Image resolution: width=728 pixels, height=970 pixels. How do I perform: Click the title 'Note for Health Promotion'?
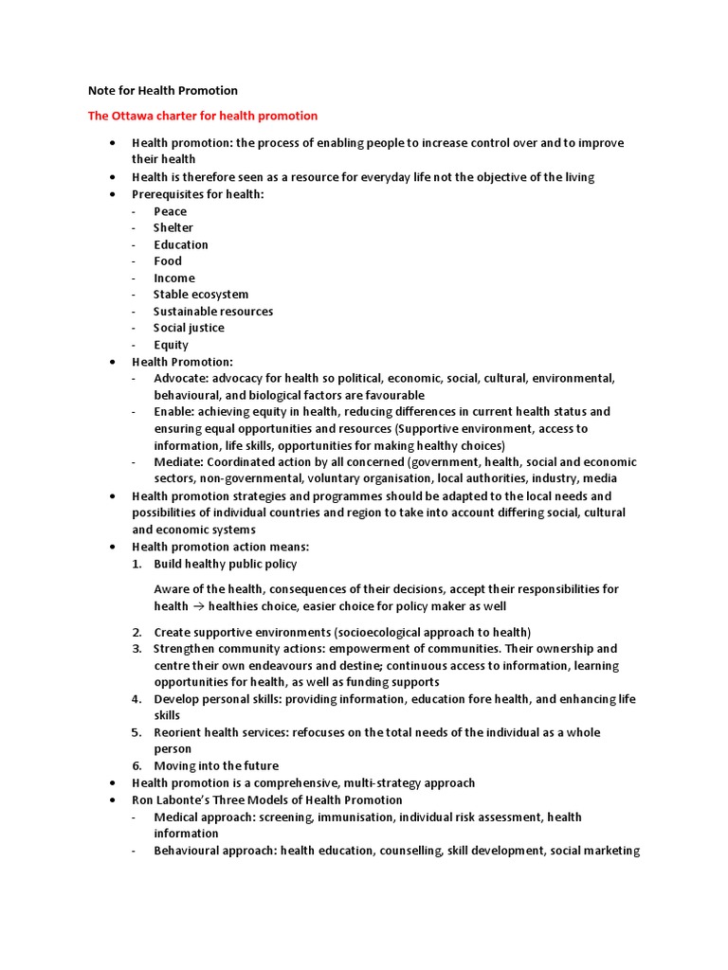(162, 91)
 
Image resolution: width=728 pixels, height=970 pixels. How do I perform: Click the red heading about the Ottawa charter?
(203, 116)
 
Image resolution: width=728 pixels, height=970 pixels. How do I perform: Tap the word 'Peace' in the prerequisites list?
(171, 211)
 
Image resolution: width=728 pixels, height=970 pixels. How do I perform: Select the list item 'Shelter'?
(173, 227)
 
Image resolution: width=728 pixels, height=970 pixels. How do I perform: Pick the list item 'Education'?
(181, 244)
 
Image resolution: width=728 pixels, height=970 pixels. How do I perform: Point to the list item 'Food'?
(168, 261)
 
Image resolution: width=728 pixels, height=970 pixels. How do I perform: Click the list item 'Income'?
(174, 278)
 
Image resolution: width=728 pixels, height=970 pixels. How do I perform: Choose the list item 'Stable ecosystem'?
(201, 295)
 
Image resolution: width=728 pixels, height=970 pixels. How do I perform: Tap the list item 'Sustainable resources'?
(213, 312)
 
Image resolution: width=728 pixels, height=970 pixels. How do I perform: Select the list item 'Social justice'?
(190, 328)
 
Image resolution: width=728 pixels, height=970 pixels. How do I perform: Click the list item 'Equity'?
(172, 345)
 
